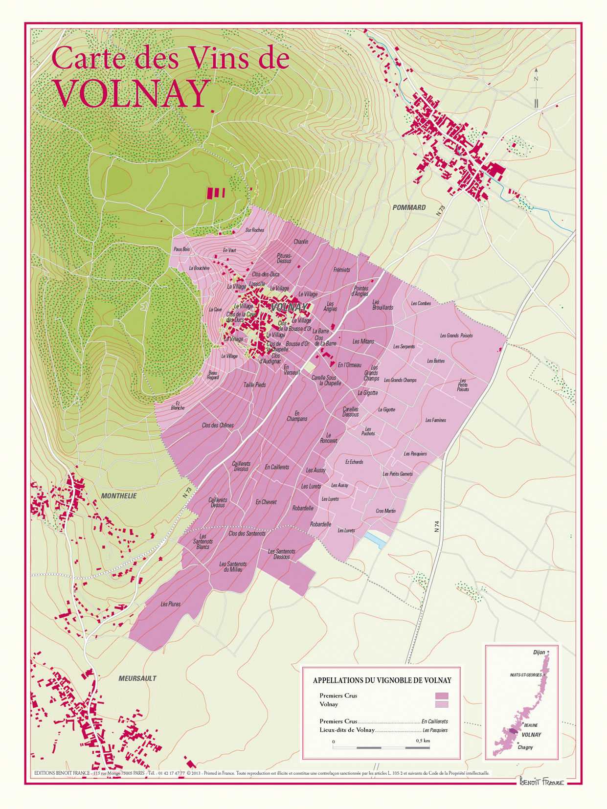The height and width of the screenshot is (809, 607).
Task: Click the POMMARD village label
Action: [409, 207]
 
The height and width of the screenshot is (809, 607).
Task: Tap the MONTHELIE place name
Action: [119, 496]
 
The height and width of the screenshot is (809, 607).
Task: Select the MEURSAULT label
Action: [137, 678]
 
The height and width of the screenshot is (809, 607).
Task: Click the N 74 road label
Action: [437, 526]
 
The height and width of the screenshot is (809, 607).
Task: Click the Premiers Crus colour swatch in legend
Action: [442, 696]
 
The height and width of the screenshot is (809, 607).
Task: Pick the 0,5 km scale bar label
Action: [423, 741]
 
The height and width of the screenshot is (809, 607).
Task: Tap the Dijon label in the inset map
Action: [539, 652]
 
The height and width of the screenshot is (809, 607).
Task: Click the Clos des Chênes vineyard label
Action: [218, 426]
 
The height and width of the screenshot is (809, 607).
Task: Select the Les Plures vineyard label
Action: [171, 605]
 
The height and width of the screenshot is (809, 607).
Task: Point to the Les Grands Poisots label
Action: [456, 336]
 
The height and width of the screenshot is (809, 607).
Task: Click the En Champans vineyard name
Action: [297, 416]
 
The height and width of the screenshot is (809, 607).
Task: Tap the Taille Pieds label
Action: [254, 385]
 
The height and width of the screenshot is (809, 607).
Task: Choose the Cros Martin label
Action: [385, 511]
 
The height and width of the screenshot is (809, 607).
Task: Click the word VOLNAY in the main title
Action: [131, 94]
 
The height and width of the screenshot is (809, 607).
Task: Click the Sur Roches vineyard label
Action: [254, 230]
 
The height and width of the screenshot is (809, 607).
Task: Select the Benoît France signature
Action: [541, 782]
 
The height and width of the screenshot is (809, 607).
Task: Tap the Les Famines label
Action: [435, 420]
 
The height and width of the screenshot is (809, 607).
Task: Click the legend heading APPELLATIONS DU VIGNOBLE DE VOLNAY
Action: [382, 680]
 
